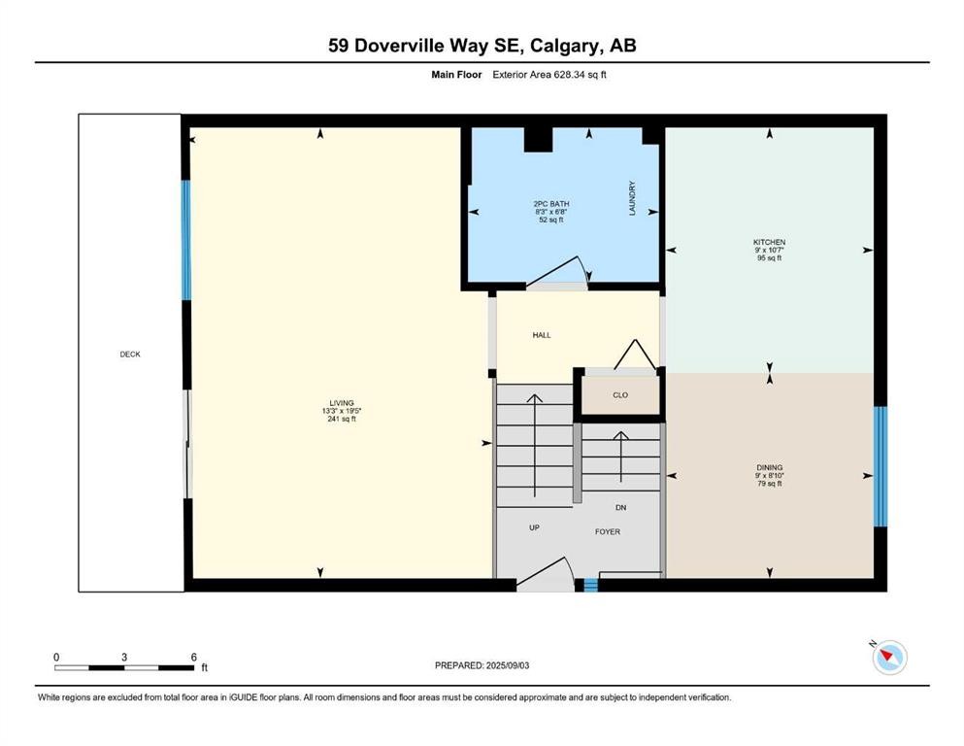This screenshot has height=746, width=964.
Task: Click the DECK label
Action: [x=130, y=355]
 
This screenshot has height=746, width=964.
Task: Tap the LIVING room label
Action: [x=342, y=403]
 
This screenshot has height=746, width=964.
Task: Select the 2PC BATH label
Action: [x=551, y=204]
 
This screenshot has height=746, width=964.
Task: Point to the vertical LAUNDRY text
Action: [x=631, y=198]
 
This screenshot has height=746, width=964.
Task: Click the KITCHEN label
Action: [x=769, y=242]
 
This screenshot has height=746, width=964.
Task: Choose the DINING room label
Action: [x=770, y=467]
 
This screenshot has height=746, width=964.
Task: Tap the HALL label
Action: [x=542, y=335]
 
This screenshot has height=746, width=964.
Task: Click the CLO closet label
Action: [x=620, y=394]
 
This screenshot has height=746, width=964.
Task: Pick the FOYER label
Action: [x=608, y=531]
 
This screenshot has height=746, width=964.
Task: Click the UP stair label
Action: [x=534, y=527]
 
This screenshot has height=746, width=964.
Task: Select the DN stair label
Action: [x=621, y=507]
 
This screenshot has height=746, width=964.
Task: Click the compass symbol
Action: [x=889, y=657]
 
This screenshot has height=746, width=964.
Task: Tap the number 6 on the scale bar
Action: [x=193, y=657]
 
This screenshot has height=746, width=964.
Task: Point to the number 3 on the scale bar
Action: [x=124, y=657]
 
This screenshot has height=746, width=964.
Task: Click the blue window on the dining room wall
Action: [x=881, y=466]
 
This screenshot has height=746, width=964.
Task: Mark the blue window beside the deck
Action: [x=185, y=240]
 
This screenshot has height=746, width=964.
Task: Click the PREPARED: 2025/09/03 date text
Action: [x=482, y=665]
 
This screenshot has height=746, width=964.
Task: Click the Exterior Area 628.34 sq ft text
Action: [x=549, y=75]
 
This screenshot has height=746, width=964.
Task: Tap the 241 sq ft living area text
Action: [x=342, y=419]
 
